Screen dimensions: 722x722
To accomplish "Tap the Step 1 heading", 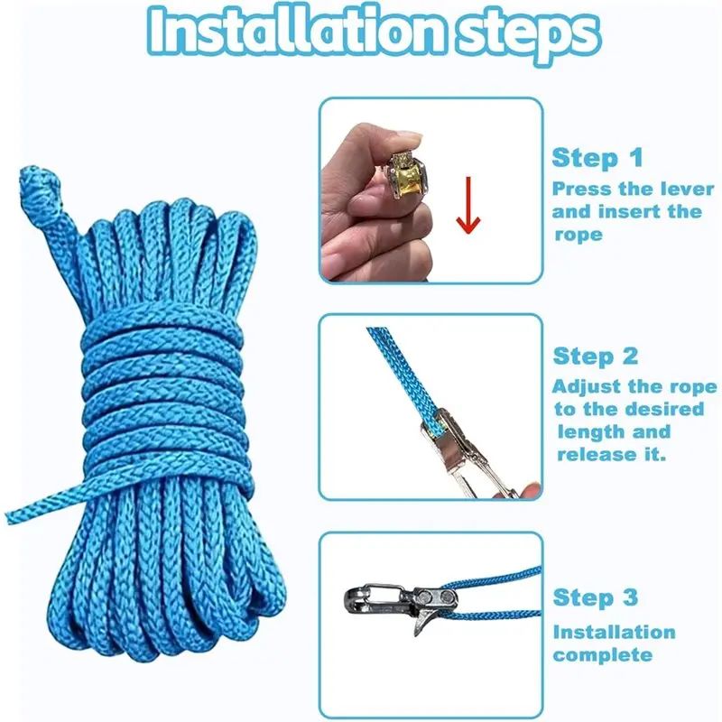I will (x=597, y=159).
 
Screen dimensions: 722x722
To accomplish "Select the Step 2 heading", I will (x=597, y=356).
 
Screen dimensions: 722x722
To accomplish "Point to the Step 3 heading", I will (x=597, y=597).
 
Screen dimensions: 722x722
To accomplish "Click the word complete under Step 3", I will (x=602, y=654).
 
